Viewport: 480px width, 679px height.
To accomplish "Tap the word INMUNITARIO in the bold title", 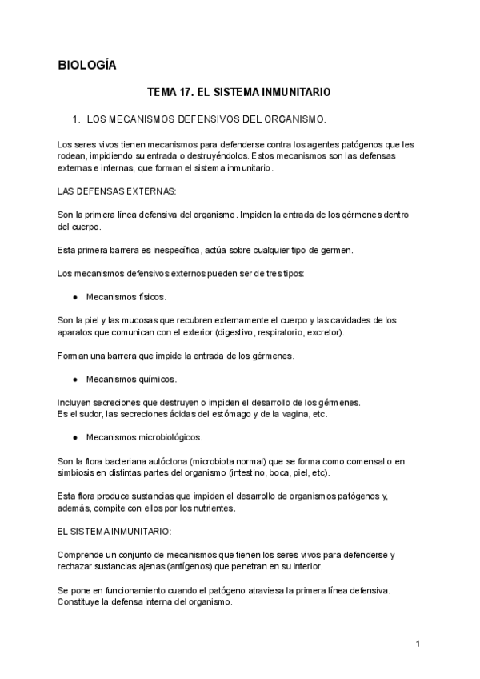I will pos(297,93).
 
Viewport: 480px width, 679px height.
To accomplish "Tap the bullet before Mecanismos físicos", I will pos(74,297).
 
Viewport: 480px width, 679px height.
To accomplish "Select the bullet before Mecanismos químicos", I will pos(74,379).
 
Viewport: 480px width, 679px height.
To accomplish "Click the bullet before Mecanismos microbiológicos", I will pos(74,437).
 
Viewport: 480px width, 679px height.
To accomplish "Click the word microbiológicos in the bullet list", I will pos(170,437).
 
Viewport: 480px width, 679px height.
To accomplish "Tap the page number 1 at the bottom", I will pos(418,644).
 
